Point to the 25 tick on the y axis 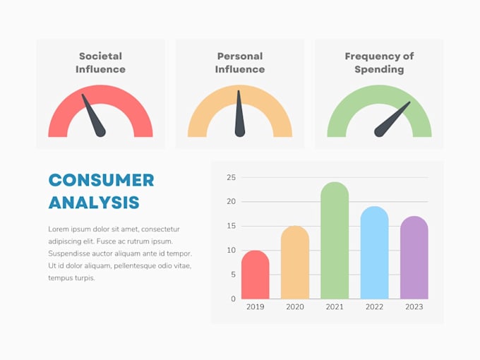(x=231, y=178)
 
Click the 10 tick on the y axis (x=231, y=251)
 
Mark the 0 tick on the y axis (x=233, y=299)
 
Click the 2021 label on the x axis (x=335, y=307)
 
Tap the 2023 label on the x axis (x=414, y=307)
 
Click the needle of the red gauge (x=93, y=116)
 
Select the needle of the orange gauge (x=239, y=114)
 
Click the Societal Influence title (x=100, y=63)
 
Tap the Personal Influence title (x=239, y=63)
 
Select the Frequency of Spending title (x=379, y=63)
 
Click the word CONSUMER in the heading (x=101, y=180)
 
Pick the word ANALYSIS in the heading (x=94, y=203)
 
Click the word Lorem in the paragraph (x=59, y=229)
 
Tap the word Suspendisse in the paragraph (x=71, y=253)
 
